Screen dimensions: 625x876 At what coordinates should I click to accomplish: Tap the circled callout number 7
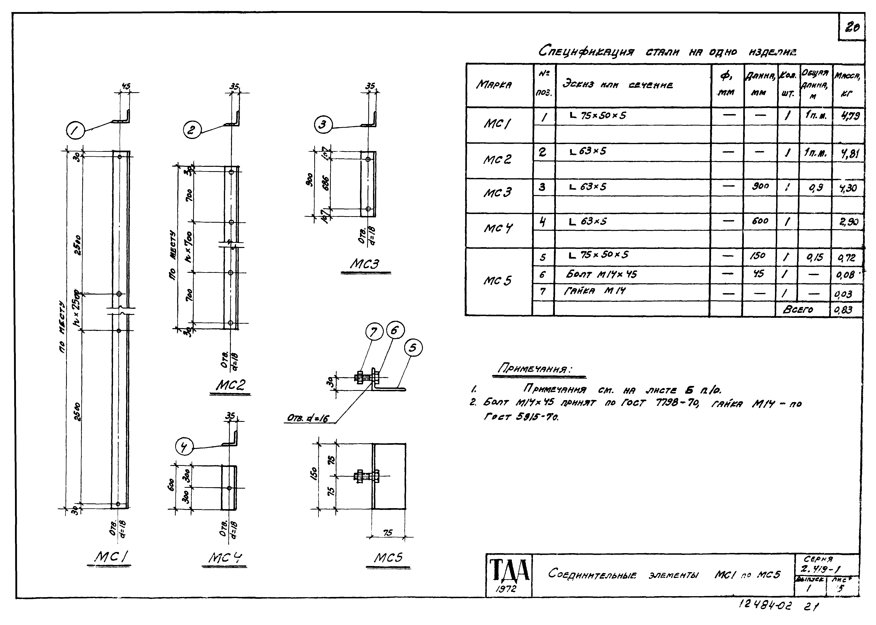point(374,332)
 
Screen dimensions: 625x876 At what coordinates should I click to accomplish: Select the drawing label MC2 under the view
point(230,385)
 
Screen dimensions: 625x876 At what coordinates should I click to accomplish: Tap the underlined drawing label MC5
point(388,558)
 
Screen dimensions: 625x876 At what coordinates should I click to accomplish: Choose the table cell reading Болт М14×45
point(602,274)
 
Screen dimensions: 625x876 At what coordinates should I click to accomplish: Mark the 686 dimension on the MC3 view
point(325,184)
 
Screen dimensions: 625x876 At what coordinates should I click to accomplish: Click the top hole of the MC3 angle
point(368,159)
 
